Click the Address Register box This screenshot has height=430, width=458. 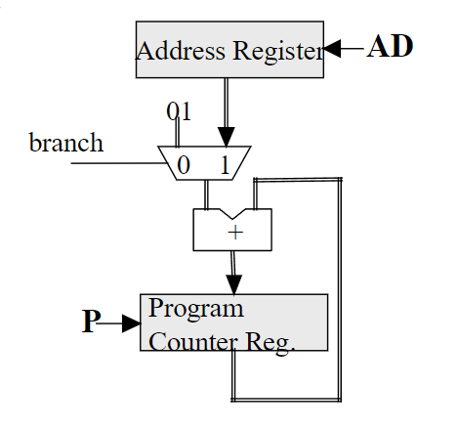pos(229,50)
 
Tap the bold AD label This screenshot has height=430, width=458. pos(390,46)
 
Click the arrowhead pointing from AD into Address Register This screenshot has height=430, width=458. pos(332,49)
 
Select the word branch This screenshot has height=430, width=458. pos(66,143)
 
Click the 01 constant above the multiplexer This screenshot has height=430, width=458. pos(179,111)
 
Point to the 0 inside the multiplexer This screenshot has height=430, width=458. pos(184,165)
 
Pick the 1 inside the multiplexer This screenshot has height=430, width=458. pos(226,165)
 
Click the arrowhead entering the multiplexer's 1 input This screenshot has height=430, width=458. pos(227,137)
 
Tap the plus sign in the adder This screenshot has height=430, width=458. pos(235,233)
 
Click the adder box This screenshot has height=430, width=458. pos(232,230)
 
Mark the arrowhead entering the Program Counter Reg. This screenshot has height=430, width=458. pos(234,284)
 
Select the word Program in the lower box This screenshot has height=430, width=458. pos(196,309)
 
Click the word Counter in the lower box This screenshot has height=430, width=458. pos(192,342)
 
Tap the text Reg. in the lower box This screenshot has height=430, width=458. pos(271,343)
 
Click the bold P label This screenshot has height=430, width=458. pos(91,321)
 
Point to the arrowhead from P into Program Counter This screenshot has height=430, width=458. pos(132,323)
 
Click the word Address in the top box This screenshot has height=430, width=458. pos(181,51)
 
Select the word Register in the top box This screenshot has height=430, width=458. pos(278,52)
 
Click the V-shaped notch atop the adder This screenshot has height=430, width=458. pos(232,214)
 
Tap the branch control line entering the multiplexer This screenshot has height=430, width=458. pos(119,163)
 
